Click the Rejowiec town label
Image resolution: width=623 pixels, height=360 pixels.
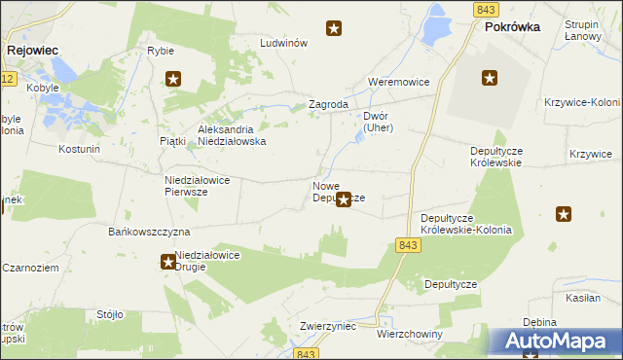34,48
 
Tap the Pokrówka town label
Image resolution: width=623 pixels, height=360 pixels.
512,28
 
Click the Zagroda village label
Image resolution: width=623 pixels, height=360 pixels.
328,104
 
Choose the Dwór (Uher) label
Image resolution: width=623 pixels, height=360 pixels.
377,122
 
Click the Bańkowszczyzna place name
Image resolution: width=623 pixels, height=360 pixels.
148,233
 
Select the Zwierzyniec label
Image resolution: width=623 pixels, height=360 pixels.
326,327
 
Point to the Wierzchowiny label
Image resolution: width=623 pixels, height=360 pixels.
409,334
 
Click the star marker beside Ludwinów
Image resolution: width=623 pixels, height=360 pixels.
334,29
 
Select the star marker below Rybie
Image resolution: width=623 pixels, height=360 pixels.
173,80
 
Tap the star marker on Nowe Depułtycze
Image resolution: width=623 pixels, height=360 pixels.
344,201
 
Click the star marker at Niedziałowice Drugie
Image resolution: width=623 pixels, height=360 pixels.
168,261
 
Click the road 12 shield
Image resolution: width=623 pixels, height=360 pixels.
7,78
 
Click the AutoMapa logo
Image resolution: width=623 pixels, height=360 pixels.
559,342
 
